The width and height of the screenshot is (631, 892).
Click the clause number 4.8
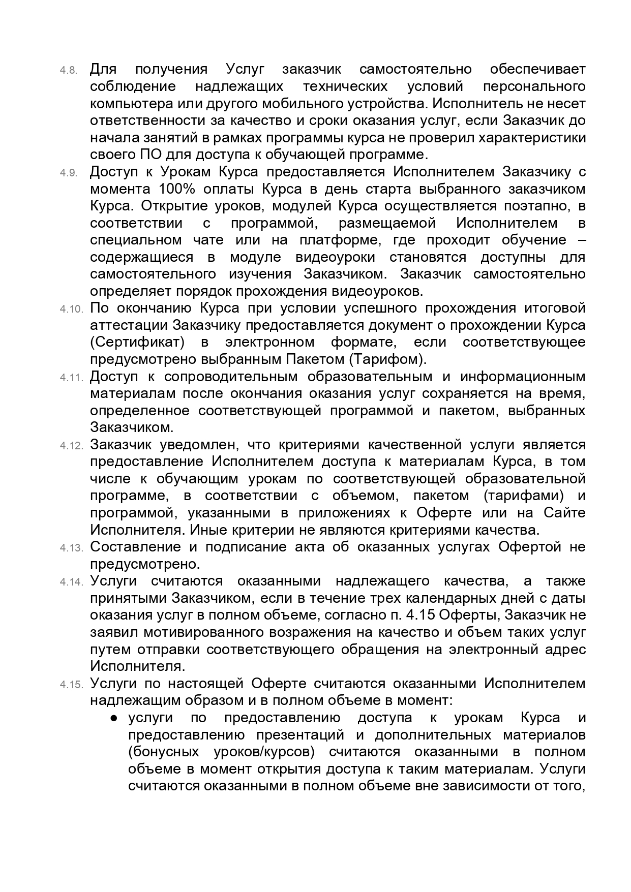[69, 70]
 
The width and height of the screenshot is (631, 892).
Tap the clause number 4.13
[71, 548]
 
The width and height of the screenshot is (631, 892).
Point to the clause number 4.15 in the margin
[71, 685]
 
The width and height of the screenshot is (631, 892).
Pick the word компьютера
[125, 104]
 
